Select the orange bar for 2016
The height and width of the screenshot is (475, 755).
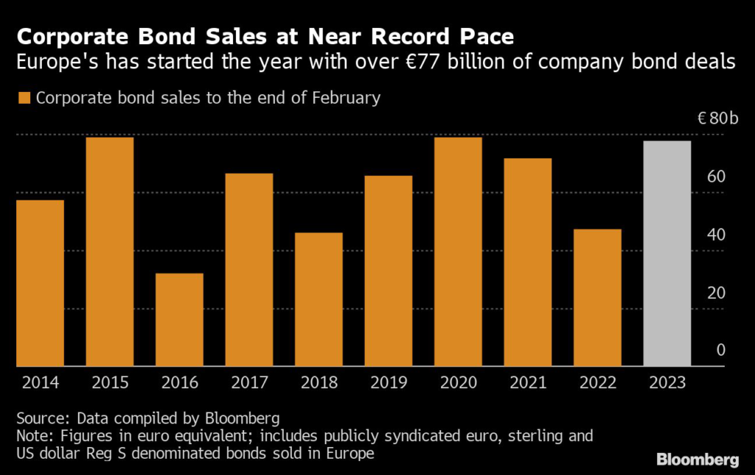tap(179, 320)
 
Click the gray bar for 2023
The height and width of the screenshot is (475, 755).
tap(667, 253)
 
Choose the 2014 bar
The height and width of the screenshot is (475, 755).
tap(40, 283)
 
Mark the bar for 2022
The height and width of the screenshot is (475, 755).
tap(597, 298)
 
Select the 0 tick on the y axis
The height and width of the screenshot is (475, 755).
tap(721, 351)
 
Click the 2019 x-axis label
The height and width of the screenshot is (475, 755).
tap(388, 383)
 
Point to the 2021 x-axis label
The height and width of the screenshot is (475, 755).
tap(527, 383)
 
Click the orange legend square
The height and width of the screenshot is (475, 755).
tap(25, 98)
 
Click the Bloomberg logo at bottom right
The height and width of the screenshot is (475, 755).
tap(697, 460)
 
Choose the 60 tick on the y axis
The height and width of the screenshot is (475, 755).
tap(717, 177)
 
